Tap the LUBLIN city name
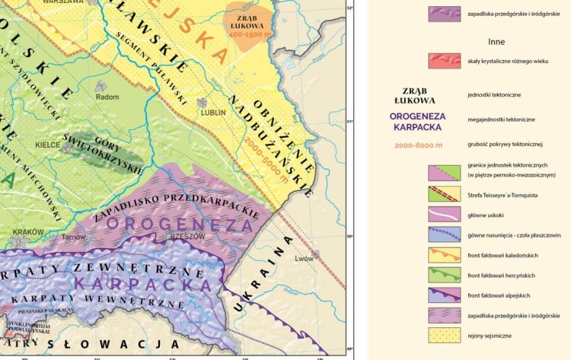(x=213, y=112)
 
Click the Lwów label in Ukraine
(x=305, y=259)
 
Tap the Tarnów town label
(x=74, y=237)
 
